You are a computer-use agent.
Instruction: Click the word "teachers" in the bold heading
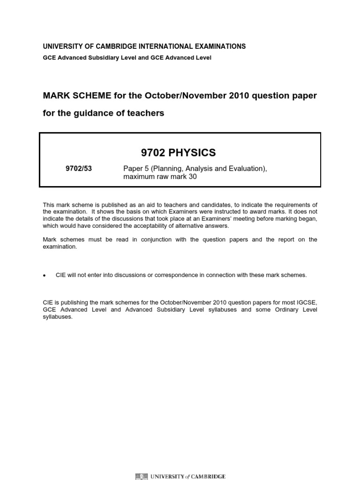pos(148,113)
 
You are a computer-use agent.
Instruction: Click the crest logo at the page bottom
pos(141,477)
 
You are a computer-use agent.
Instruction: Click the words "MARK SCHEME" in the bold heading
pos(71,96)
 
